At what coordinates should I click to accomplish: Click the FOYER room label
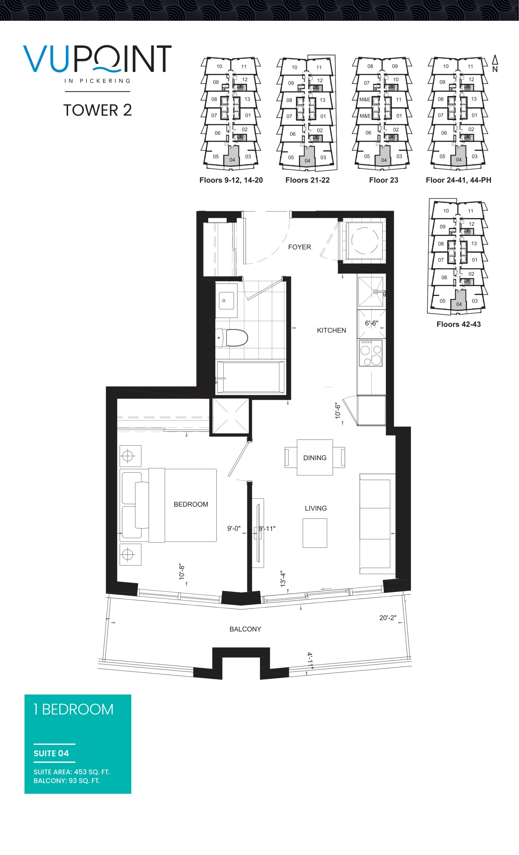pyautogui.click(x=299, y=247)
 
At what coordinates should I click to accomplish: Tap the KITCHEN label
pyautogui.click(x=331, y=330)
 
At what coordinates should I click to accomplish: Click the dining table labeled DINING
pyautogui.click(x=315, y=457)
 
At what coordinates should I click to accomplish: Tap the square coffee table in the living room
pyautogui.click(x=315, y=533)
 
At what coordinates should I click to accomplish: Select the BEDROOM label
pyautogui.click(x=191, y=504)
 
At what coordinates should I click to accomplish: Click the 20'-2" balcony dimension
pyautogui.click(x=387, y=618)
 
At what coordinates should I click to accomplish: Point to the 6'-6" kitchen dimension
pyautogui.click(x=372, y=323)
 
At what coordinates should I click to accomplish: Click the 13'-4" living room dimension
pyautogui.click(x=283, y=579)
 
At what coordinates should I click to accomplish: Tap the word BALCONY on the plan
pyautogui.click(x=245, y=629)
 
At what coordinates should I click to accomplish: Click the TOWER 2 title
pyautogui.click(x=97, y=110)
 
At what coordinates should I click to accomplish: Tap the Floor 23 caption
pyautogui.click(x=383, y=180)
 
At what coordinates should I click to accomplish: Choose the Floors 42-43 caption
pyautogui.click(x=458, y=324)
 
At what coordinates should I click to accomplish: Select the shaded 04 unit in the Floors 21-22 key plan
pyautogui.click(x=307, y=157)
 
